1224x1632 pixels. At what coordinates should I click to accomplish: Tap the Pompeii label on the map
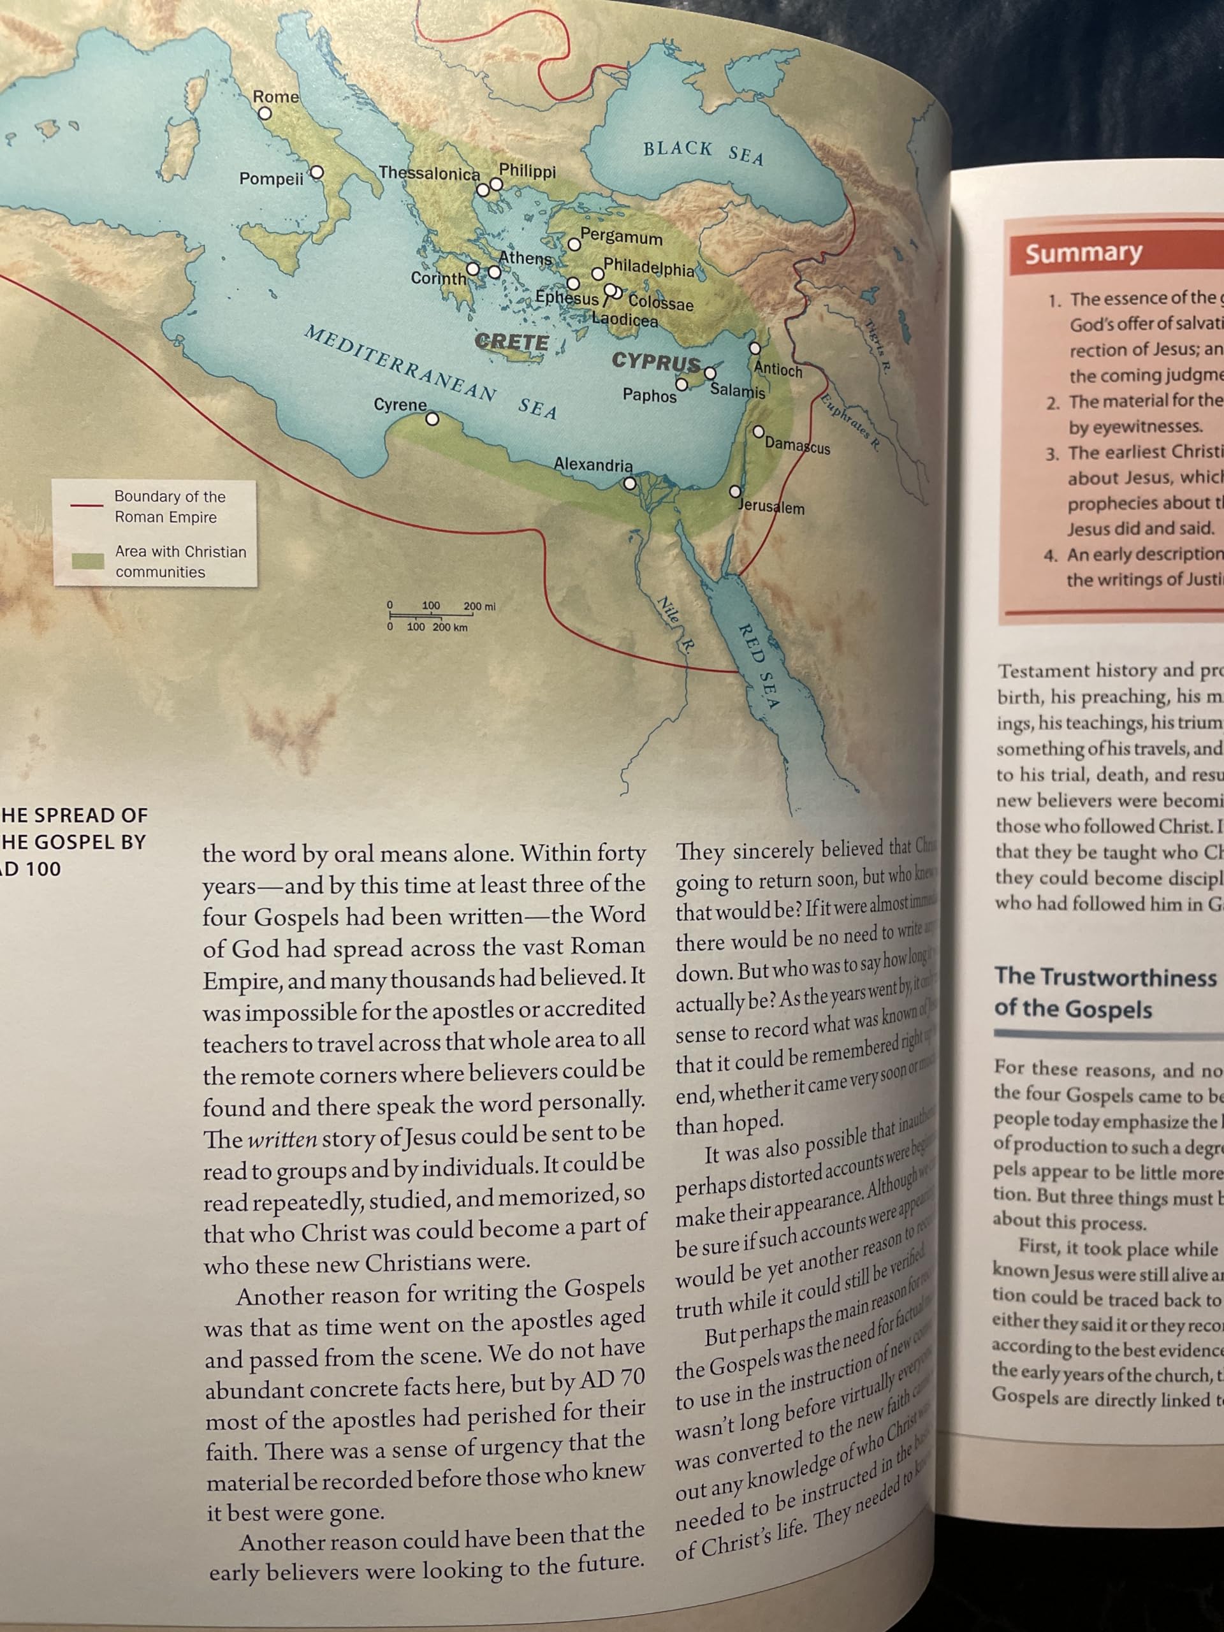click(271, 178)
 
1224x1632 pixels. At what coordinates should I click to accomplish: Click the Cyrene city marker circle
click(433, 419)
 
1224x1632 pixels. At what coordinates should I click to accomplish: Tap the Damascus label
click(798, 446)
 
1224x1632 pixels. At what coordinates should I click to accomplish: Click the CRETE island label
click(512, 342)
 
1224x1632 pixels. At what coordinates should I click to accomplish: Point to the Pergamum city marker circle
click(574, 244)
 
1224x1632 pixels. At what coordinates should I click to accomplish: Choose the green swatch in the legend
click(87, 561)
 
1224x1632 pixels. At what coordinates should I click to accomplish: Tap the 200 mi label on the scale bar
click(479, 606)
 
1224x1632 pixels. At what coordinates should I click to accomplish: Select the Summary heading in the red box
click(1083, 252)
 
